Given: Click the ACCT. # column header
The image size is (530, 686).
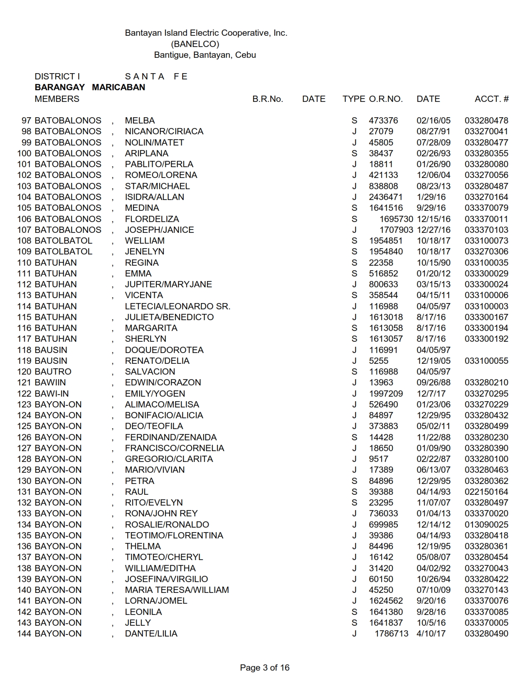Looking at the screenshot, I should click(491, 99).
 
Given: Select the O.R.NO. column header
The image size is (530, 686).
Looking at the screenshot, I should click(386, 99).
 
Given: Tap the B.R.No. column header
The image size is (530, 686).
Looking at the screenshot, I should click(267, 99).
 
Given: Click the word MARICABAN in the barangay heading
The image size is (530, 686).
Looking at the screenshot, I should click(118, 87).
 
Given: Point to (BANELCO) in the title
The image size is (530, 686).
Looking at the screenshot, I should click(195, 44).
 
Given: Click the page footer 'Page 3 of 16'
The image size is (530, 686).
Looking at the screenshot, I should click(264, 668).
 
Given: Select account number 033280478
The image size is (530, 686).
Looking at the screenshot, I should click(486, 121).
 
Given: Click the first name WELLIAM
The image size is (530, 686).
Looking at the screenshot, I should click(145, 241).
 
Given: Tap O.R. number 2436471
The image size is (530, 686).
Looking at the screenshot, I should click(386, 197).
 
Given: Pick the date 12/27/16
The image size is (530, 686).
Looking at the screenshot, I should click(434, 230).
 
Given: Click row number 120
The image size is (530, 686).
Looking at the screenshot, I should click(25, 372).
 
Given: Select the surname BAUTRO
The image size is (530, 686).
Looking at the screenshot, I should click(53, 372).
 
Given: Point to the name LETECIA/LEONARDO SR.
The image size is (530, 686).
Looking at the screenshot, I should click(177, 306).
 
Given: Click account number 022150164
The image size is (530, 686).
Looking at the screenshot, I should click(486, 492).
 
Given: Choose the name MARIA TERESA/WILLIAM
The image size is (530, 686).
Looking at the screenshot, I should click(177, 590).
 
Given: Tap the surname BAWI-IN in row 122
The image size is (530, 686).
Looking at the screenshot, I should click(52, 394).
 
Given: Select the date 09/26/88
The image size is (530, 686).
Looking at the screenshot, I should click(434, 382).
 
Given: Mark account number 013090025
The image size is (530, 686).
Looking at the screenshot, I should click(486, 525).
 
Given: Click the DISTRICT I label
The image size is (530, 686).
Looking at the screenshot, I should click(57, 76).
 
